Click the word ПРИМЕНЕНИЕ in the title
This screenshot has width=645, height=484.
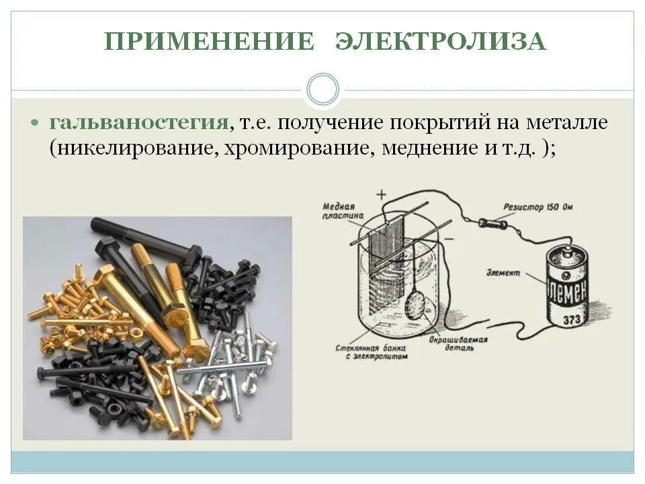tap(209, 42)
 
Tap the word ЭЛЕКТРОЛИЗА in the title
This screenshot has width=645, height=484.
tap(441, 42)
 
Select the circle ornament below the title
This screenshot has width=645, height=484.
tap(322, 90)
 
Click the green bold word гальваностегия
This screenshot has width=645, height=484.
tap(138, 123)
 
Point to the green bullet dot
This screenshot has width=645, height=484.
tap(36, 124)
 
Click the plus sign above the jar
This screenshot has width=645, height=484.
tap(381, 195)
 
